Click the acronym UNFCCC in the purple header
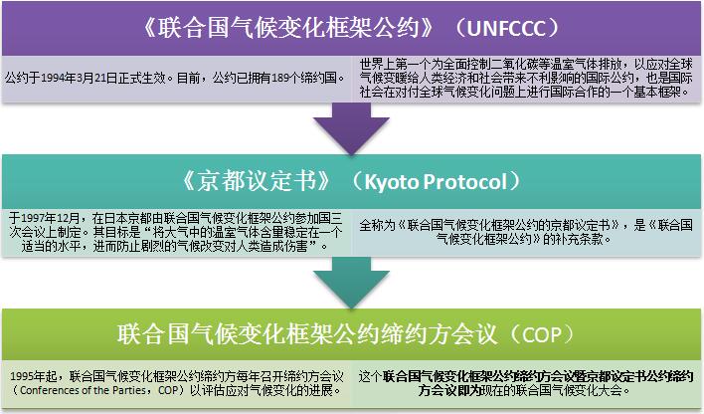pyautogui.click(x=506, y=28)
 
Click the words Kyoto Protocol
pyautogui.click(x=436, y=182)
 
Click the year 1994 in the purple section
pyautogui.click(x=52, y=79)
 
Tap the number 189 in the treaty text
pyautogui.click(x=280, y=79)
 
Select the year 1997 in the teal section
pyautogui.click(x=32, y=219)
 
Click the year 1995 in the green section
pyautogui.click(x=21, y=376)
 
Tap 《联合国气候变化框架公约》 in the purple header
pyautogui.click(x=287, y=28)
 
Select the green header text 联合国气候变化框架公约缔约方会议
pyautogui.click(x=307, y=335)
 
